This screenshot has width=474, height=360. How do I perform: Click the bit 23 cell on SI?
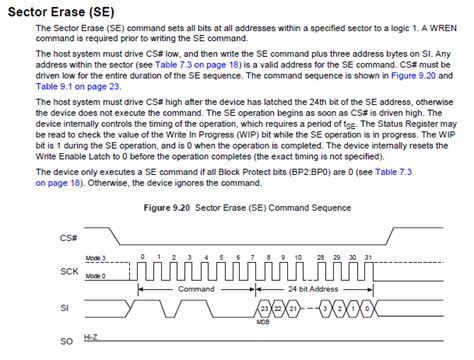[264, 308]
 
